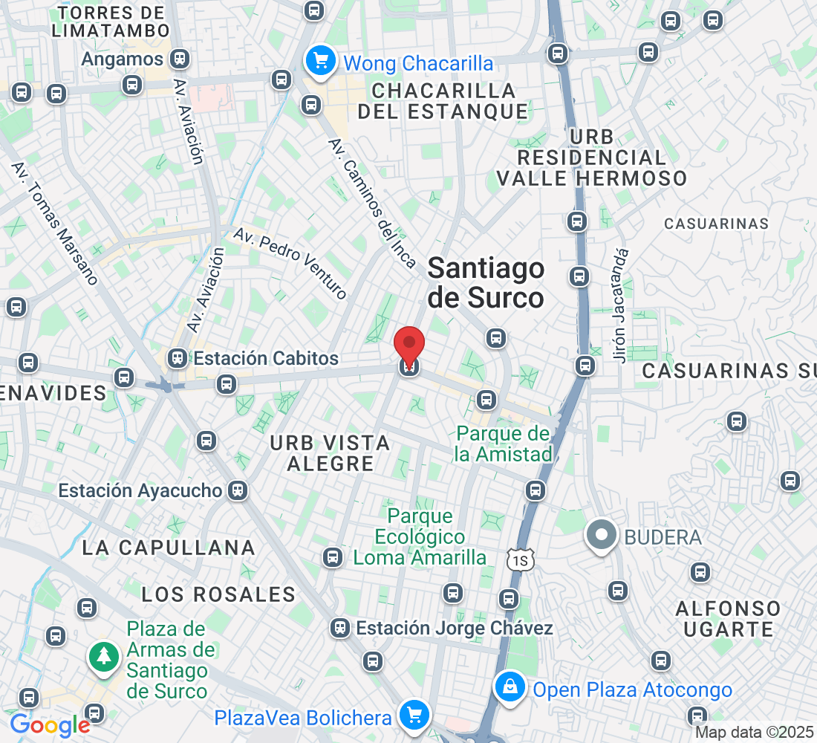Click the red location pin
point(408,345)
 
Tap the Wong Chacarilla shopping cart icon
point(321,61)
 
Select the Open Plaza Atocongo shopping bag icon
point(511,688)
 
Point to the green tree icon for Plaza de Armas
point(104,655)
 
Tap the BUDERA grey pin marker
point(602,535)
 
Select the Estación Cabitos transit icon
point(178,359)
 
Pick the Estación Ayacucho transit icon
point(238,490)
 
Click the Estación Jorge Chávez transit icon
point(340,628)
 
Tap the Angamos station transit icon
point(178,58)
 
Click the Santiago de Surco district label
point(486,283)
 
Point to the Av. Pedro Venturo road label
point(290,263)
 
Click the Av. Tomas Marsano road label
point(55,222)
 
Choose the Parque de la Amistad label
point(504,444)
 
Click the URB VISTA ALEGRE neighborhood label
point(330,453)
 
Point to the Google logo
point(50,724)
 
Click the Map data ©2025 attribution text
point(755,732)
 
